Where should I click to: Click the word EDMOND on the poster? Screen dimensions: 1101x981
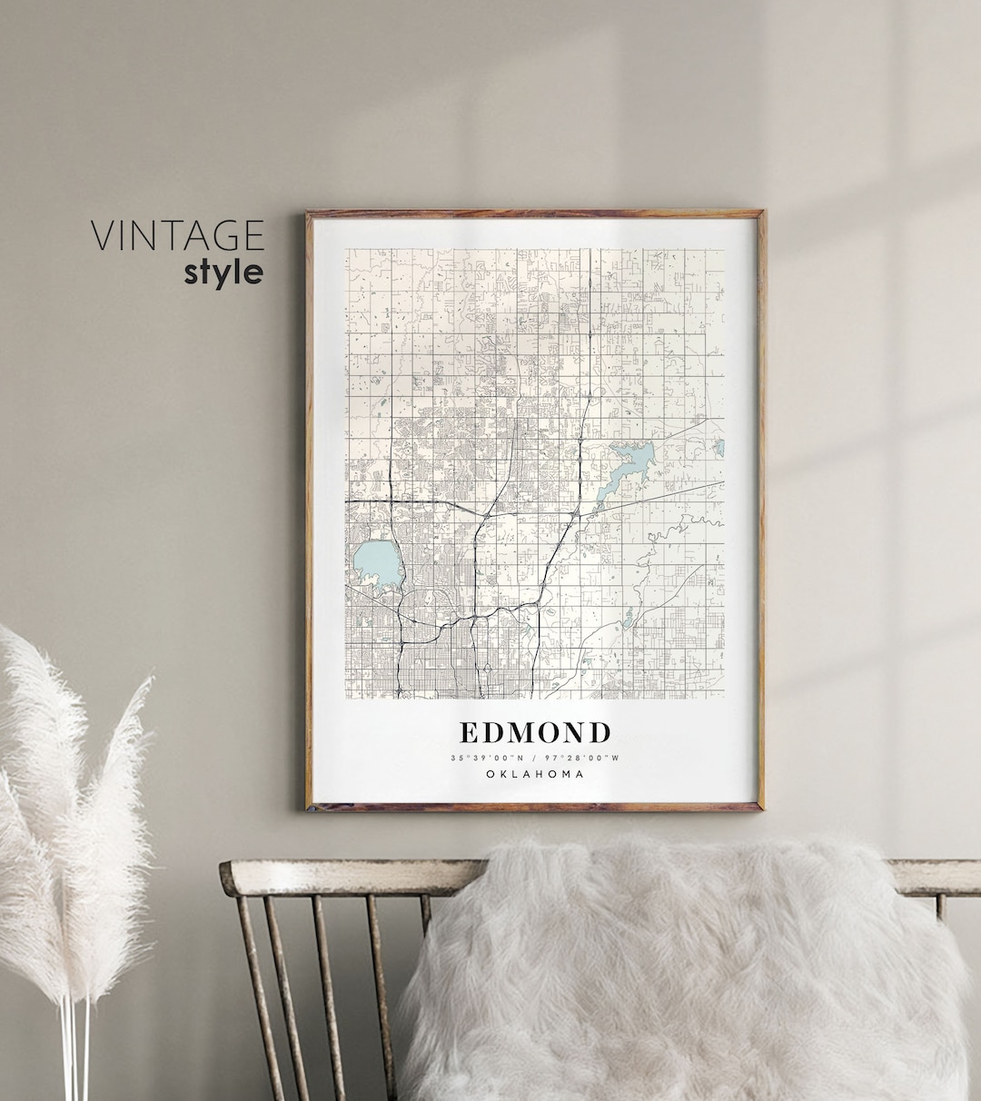point(535,732)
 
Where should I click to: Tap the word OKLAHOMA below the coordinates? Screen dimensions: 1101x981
point(535,774)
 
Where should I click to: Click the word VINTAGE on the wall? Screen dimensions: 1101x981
point(177,236)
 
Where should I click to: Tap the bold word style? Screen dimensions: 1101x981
point(223,273)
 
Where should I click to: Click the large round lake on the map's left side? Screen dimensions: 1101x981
point(377,564)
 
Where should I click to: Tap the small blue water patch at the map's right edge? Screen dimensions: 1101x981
point(720,448)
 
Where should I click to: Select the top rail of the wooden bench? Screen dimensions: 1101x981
point(345,878)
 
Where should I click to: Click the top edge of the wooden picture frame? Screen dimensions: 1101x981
point(535,214)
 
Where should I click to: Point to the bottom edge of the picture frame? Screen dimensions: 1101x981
point(535,807)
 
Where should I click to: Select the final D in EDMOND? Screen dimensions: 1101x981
point(599,732)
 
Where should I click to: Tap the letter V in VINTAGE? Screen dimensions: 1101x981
point(101,236)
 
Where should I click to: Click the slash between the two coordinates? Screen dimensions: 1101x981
point(535,758)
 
